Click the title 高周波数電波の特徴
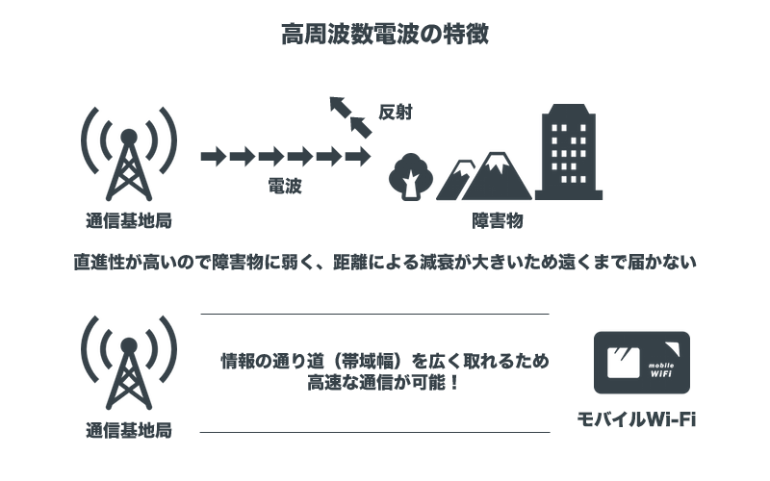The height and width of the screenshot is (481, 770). click(385, 36)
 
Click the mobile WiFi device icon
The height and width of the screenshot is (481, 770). click(642, 362)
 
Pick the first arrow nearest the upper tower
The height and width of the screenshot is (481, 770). click(213, 155)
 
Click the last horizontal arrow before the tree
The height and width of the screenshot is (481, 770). click(358, 155)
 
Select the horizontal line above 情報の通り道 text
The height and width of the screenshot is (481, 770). click(374, 314)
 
